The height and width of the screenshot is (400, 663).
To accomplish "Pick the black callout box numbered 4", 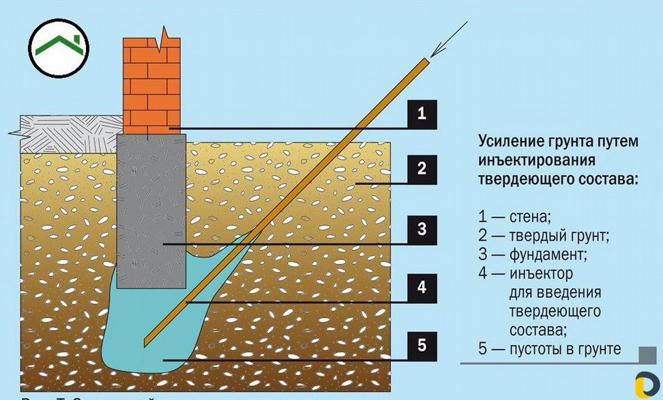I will pyautogui.click(x=422, y=288).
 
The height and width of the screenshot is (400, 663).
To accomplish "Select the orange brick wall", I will pyautogui.click(x=151, y=85).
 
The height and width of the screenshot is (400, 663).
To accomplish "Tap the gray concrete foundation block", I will pyautogui.click(x=151, y=207).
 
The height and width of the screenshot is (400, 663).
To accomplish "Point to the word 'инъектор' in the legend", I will pyautogui.click(x=541, y=273).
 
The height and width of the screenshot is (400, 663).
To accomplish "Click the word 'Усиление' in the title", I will pyautogui.click(x=509, y=141).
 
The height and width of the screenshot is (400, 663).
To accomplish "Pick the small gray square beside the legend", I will pyautogui.click(x=647, y=355).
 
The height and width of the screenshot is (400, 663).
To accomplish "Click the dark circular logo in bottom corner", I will pyautogui.click(x=647, y=384).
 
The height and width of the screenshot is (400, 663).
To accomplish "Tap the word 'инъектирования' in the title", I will pyautogui.click(x=536, y=160).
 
